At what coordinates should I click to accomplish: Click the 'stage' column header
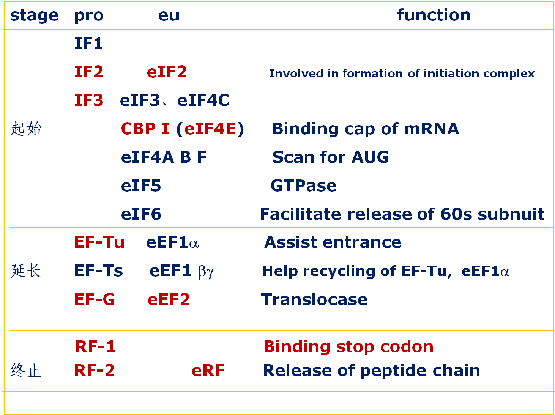tap(34, 16)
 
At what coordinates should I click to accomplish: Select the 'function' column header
tap(434, 15)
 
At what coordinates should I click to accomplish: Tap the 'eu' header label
tap(169, 16)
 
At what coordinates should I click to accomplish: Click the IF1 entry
tap(88, 43)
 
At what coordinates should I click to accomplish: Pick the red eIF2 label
tap(167, 72)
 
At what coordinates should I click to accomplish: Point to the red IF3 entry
tap(88, 100)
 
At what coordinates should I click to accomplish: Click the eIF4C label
tap(203, 100)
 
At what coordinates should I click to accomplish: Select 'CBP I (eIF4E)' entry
tap(182, 129)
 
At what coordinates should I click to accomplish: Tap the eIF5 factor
tap(141, 186)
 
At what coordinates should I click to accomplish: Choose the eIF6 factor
tap(141, 214)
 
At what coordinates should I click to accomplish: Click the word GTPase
tap(303, 186)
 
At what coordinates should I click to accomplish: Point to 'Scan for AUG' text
tap(330, 157)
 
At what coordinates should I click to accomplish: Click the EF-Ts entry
tap(99, 271)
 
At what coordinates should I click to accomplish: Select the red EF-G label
tap(95, 299)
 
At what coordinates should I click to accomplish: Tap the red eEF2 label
tap(169, 299)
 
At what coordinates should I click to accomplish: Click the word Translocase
tap(314, 299)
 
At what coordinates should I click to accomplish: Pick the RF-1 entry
tap(95, 346)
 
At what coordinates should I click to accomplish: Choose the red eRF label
tap(208, 371)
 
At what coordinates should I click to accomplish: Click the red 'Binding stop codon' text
tap(348, 346)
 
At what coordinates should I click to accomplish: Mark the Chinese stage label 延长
tap(26, 271)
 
